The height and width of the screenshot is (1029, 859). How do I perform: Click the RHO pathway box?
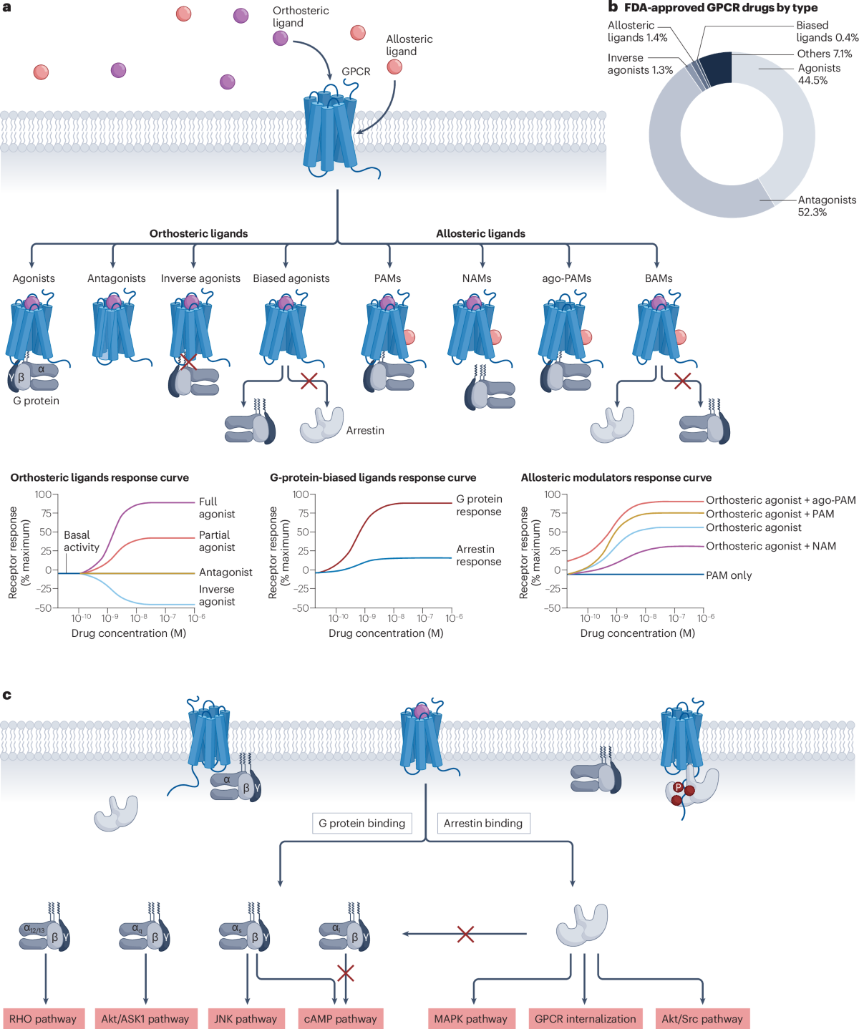43,1018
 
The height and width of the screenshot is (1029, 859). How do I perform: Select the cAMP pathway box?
340,1018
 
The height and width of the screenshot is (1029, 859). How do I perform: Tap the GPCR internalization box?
585,1018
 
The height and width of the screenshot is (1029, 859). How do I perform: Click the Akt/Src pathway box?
702,1018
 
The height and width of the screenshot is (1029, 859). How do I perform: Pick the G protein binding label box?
362,823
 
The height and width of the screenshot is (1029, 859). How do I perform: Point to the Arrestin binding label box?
483,823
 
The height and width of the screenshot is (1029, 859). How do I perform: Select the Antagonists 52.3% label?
826,205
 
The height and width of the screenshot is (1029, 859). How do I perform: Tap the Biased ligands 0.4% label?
826,31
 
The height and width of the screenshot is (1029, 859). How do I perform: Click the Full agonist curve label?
216,507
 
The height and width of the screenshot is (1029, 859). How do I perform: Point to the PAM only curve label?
729,575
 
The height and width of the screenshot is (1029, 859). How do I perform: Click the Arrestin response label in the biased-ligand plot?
478,555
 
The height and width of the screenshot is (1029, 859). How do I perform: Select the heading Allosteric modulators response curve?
616,477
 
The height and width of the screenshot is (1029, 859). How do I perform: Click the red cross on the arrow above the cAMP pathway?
346,972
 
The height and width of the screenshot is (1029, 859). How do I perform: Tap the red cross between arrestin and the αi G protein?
465,934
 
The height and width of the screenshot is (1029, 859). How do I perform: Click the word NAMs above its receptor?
477,278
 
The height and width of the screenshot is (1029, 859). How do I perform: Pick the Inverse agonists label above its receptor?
200,278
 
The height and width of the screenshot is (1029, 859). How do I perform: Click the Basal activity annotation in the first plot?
81,541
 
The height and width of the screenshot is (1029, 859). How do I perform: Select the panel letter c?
7,694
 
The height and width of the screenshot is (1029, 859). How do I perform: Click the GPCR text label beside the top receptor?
356,72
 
